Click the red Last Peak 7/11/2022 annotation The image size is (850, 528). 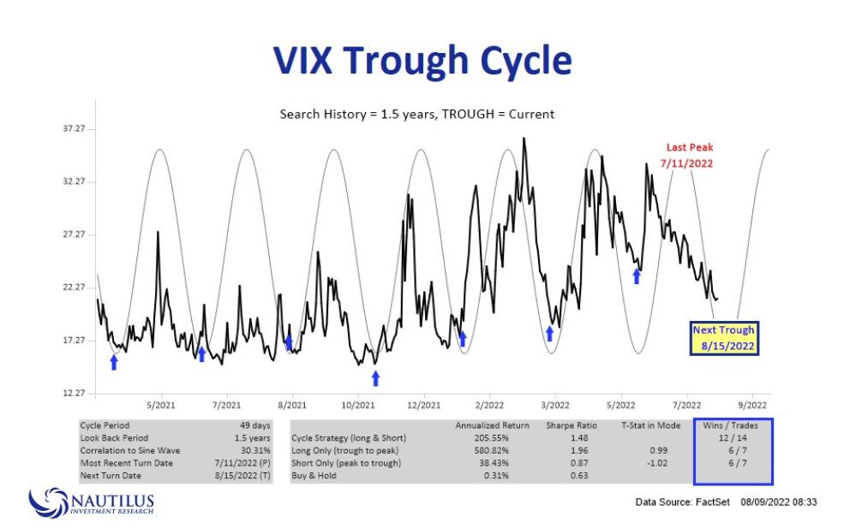point(690,155)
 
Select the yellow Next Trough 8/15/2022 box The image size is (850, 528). point(724,338)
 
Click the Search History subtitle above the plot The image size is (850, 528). point(417,114)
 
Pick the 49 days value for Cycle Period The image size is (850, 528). point(255,424)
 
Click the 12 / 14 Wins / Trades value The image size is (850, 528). point(733,437)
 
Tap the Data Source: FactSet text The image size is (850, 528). point(682,501)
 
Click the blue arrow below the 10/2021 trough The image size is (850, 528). point(374,377)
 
